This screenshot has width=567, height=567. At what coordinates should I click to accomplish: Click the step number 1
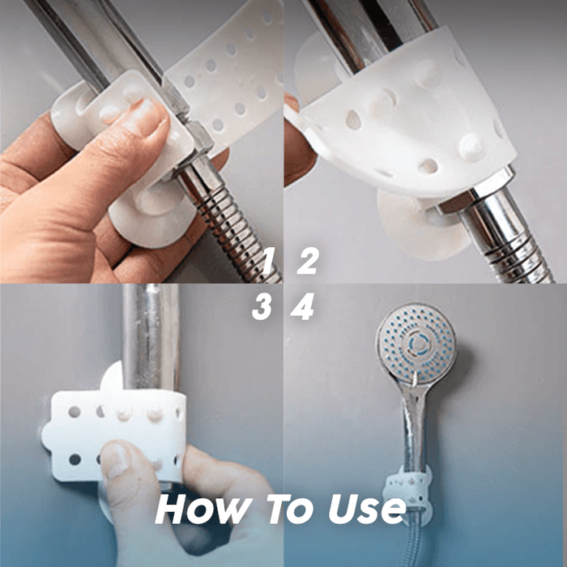[x=268, y=262]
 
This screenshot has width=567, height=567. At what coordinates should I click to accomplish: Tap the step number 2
[x=307, y=262]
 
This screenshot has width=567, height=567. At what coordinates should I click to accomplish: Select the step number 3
[x=262, y=308]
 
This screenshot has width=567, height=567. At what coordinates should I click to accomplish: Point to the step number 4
[x=303, y=308]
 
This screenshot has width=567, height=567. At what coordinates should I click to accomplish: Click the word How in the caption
[x=196, y=509]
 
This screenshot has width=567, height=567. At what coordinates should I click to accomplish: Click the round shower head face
[x=416, y=340]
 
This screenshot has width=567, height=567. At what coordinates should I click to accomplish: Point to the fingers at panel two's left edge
[x=298, y=142]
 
